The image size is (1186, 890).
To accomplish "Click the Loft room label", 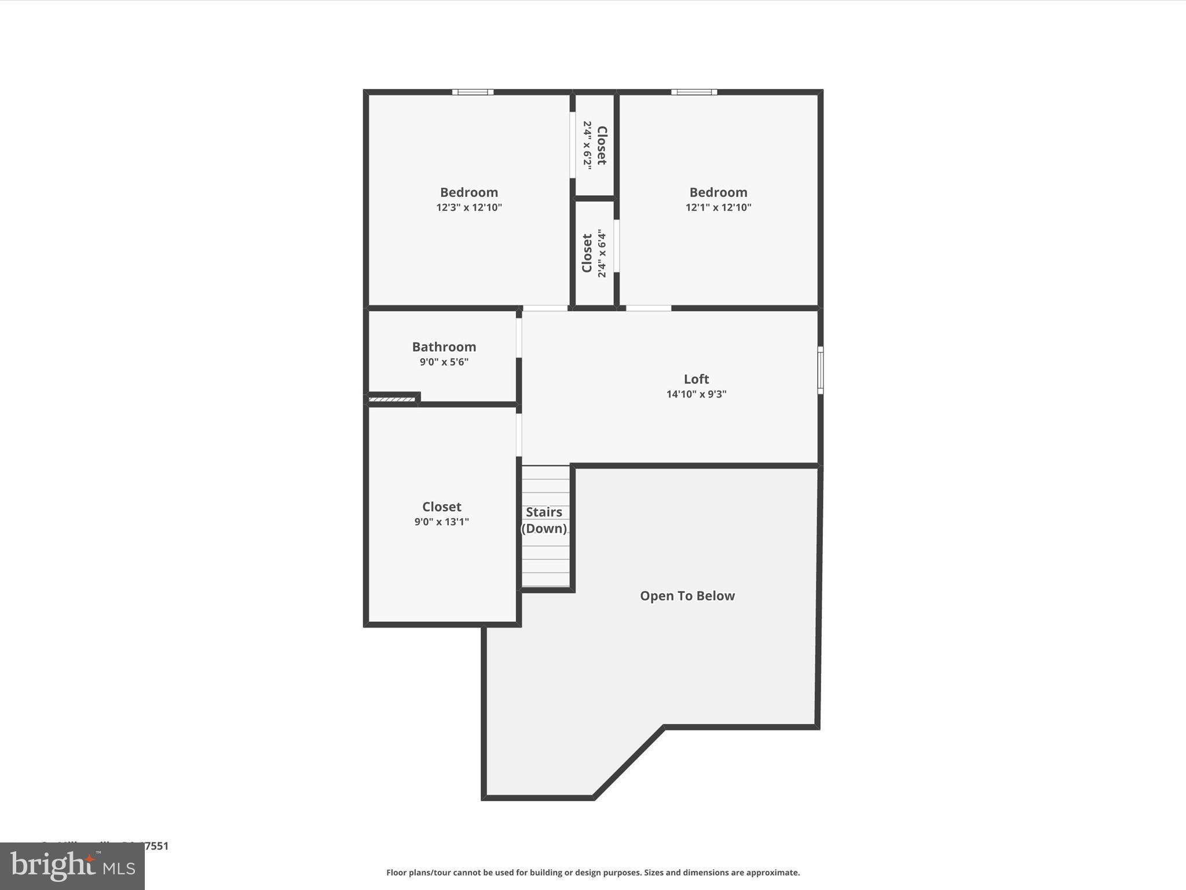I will tap(696, 379).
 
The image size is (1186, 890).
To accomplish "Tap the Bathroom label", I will tap(444, 347).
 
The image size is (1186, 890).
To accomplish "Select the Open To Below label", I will tap(687, 596).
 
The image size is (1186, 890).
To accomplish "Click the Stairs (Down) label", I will tap(544, 520).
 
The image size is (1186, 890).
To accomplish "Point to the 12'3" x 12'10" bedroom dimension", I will tap(469, 207).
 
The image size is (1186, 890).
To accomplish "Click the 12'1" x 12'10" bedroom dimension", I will tap(718, 207).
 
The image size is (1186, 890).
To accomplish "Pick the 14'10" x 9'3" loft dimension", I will tap(696, 394).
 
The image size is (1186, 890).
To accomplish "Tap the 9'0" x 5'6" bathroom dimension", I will tap(444, 362).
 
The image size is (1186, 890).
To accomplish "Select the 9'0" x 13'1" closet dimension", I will tap(441, 521).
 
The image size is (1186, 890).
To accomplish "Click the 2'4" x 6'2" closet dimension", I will tap(587, 145).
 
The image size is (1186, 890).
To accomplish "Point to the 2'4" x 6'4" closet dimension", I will tap(602, 254).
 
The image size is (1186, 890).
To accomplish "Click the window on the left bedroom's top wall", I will tap(473, 92).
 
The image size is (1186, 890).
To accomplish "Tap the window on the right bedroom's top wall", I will tap(694, 92).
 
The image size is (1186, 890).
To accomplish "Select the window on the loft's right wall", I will tap(820, 370).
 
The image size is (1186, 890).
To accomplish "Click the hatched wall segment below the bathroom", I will tap(391, 399).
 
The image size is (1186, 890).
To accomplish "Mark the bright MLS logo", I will tap(72, 866).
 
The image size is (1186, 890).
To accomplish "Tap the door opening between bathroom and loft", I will tap(519, 338).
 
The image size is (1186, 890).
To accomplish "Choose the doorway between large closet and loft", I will tap(519, 435).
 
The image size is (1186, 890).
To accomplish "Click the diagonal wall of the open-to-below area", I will tap(629, 762).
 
